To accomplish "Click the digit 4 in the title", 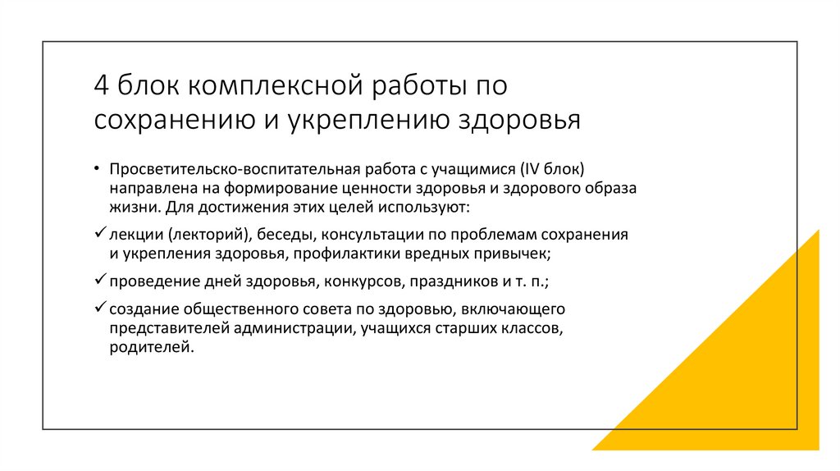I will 101,85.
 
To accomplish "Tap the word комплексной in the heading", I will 276,85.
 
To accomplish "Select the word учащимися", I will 474,169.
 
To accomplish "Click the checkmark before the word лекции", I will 100,233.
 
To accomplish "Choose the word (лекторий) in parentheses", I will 195,235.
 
